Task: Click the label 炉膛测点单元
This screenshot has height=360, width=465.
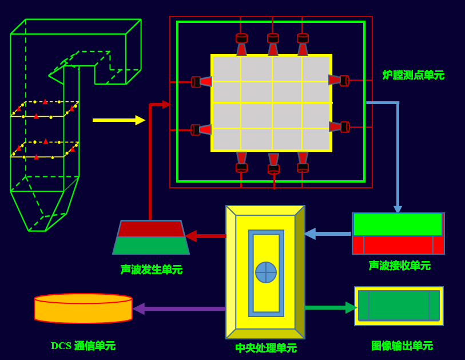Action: point(413,75)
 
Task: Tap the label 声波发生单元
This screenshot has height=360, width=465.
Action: point(151,270)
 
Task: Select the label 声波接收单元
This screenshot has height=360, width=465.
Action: point(399,266)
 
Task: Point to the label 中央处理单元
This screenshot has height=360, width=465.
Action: point(266,348)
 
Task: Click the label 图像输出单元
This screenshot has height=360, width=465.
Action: point(402,346)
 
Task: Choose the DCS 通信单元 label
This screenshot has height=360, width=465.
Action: point(83,346)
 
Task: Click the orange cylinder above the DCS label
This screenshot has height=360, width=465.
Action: point(83,308)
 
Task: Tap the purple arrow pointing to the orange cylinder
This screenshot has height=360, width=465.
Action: point(179,308)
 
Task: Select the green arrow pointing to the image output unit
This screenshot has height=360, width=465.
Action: point(331,307)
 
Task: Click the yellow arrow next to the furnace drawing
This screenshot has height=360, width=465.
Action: point(119,120)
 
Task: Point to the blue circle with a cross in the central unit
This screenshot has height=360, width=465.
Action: point(266,272)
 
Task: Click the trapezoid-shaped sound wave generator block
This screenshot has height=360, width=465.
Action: point(151,237)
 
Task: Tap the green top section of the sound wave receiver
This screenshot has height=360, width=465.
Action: point(398,224)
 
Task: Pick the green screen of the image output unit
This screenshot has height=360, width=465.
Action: point(399,306)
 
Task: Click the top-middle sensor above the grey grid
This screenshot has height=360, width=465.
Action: point(273,45)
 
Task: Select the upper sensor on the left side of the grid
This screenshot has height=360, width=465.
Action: point(202,82)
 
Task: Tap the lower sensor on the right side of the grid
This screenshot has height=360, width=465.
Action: point(339,127)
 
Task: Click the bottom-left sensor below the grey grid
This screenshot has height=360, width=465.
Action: point(242,162)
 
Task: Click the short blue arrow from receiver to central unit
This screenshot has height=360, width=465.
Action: point(328,234)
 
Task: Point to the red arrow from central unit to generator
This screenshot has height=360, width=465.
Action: point(205,236)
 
